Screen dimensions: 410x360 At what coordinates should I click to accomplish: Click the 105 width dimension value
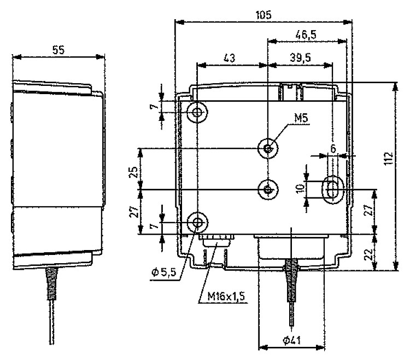click(x=263, y=15)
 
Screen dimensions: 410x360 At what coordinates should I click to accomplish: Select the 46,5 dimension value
click(x=306, y=34)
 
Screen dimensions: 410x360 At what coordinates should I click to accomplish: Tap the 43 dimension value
click(x=229, y=58)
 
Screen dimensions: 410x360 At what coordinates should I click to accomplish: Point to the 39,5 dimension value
click(x=301, y=57)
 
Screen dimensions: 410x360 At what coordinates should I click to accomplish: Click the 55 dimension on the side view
click(x=58, y=50)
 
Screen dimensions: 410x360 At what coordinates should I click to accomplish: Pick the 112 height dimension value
click(x=389, y=158)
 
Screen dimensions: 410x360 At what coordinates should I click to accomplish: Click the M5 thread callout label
click(x=301, y=118)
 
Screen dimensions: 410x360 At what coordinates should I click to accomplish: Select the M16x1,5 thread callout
click(x=226, y=297)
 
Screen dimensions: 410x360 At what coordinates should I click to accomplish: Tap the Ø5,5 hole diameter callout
click(x=164, y=272)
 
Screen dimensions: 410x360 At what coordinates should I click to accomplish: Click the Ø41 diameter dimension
click(x=292, y=340)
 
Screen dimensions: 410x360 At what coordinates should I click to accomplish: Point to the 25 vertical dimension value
click(x=133, y=172)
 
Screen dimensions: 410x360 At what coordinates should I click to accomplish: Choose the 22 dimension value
click(x=368, y=254)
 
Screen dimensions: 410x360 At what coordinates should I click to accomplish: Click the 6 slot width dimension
click(x=333, y=149)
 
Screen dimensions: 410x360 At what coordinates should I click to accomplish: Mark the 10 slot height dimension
click(x=301, y=188)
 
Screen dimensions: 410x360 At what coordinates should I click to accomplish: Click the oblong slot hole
click(x=332, y=189)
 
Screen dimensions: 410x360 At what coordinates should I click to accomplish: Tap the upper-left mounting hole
click(x=197, y=113)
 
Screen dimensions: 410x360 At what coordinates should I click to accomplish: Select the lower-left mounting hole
click(x=198, y=223)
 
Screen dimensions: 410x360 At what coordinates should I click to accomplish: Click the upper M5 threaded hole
click(x=268, y=149)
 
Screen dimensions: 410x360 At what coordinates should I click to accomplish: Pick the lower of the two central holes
click(x=268, y=189)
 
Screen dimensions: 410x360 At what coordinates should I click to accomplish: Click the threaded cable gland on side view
click(x=51, y=284)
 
